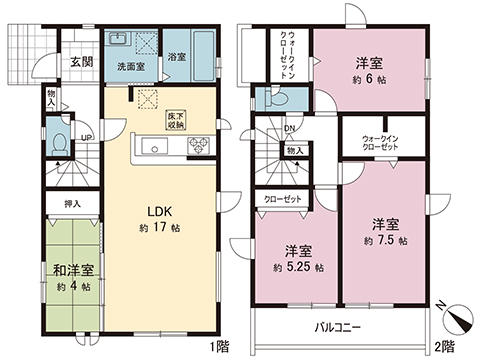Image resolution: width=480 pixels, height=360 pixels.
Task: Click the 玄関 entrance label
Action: click(x=79, y=61)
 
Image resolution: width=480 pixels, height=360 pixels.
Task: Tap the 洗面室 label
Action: click(x=129, y=67)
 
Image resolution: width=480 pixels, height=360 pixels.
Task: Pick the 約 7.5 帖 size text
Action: click(x=384, y=241)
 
